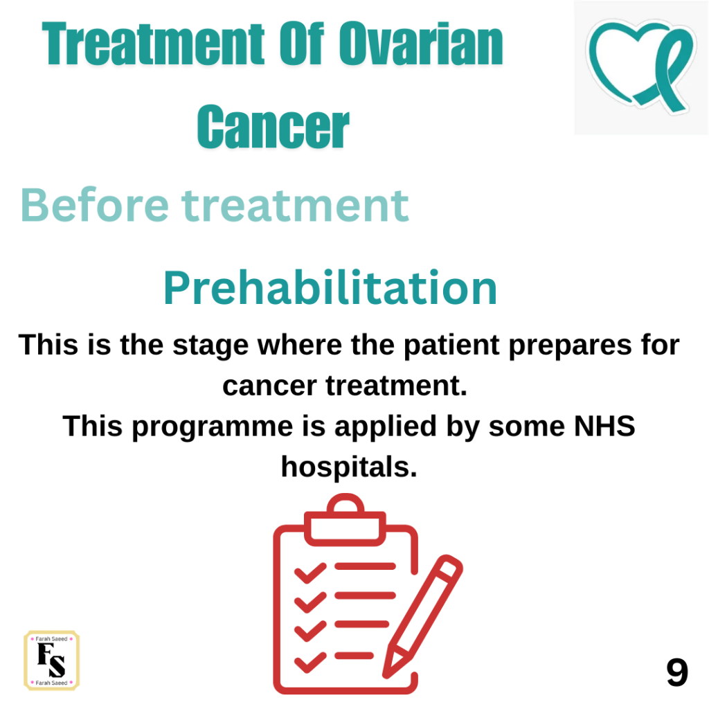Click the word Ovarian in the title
pos(421,44)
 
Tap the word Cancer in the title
pos(273,127)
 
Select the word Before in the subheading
pos(95,205)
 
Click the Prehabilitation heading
pos(330,288)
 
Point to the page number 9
pos(677,672)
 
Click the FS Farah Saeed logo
pos(51,660)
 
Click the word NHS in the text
pos(604,426)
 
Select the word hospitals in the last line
pos(349,467)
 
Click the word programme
pos(213,427)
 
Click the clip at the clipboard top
pos(345,520)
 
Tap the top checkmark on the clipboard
pos(310,573)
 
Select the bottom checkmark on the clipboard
pos(310,663)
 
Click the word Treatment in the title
pos(153,44)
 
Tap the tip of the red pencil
pos(385,676)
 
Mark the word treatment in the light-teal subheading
pos(295,206)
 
